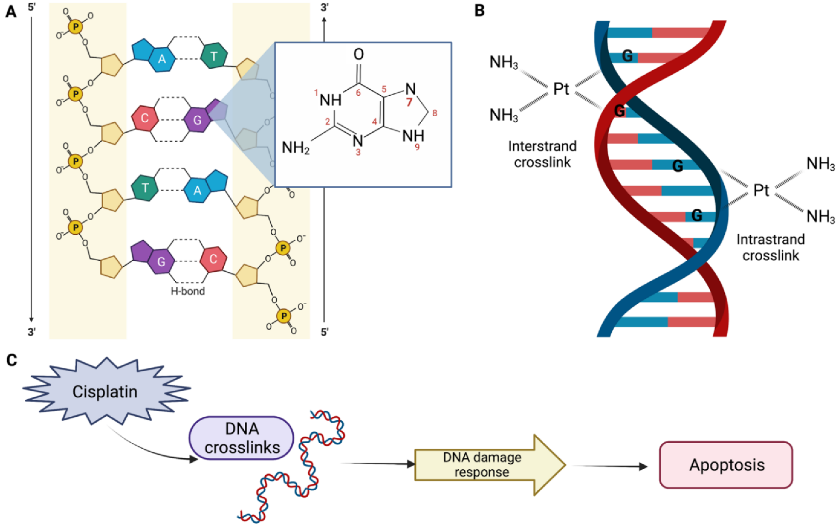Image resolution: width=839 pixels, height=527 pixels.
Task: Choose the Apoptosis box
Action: (x=727, y=465)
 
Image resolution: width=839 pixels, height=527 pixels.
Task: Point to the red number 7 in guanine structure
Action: (x=409, y=102)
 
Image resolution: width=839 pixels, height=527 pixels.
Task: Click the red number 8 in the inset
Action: (x=435, y=113)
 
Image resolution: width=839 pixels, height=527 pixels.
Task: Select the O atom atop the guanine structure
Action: (x=358, y=54)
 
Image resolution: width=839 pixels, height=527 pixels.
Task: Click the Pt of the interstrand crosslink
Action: (x=561, y=89)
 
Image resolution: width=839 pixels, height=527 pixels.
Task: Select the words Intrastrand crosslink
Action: (x=771, y=247)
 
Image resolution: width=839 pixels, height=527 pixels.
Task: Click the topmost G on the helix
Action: (x=627, y=56)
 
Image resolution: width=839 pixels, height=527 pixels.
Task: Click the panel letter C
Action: (x=12, y=360)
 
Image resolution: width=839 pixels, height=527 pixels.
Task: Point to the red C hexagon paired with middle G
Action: (x=145, y=118)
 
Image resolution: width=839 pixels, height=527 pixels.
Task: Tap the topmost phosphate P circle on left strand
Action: (x=75, y=26)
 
